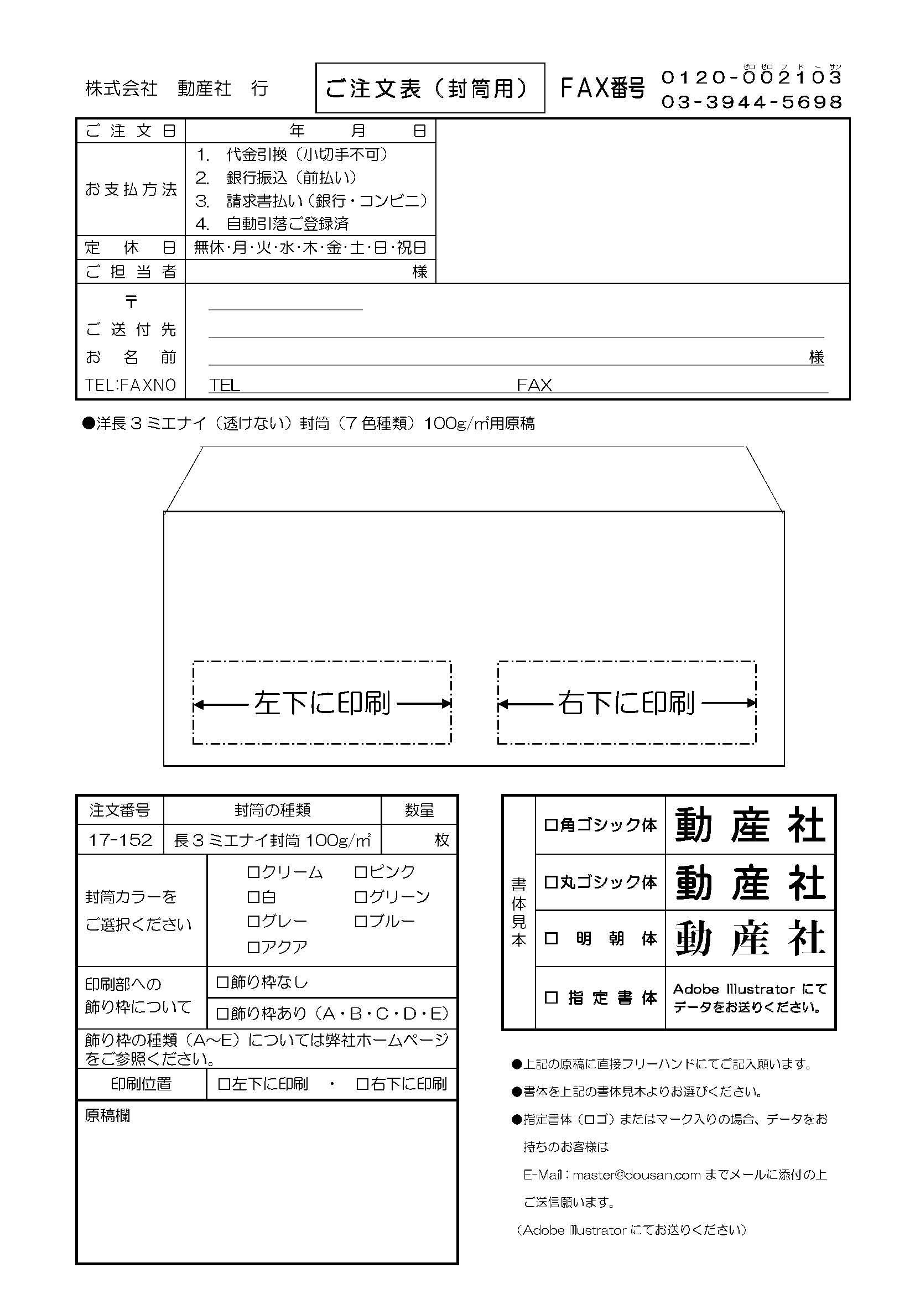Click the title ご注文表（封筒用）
[x=430, y=89]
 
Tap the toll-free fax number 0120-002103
[x=751, y=77]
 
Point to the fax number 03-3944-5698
[x=751, y=102]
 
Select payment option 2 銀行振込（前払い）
[x=276, y=178]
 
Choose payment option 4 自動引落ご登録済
[x=273, y=224]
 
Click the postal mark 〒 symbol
[x=131, y=302]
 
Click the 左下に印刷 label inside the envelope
[x=322, y=703]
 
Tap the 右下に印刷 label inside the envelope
[x=627, y=703]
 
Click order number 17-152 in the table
[x=120, y=840]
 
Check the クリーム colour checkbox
[x=253, y=872]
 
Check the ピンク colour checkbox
[x=360, y=872]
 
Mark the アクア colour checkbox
[x=253, y=947]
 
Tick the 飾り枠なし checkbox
[x=222, y=983]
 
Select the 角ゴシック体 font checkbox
[x=550, y=825]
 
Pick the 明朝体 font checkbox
[x=551, y=938]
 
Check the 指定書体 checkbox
[x=551, y=997]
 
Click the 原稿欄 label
[x=107, y=1115]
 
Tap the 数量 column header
[x=419, y=810]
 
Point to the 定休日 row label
[x=131, y=247]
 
